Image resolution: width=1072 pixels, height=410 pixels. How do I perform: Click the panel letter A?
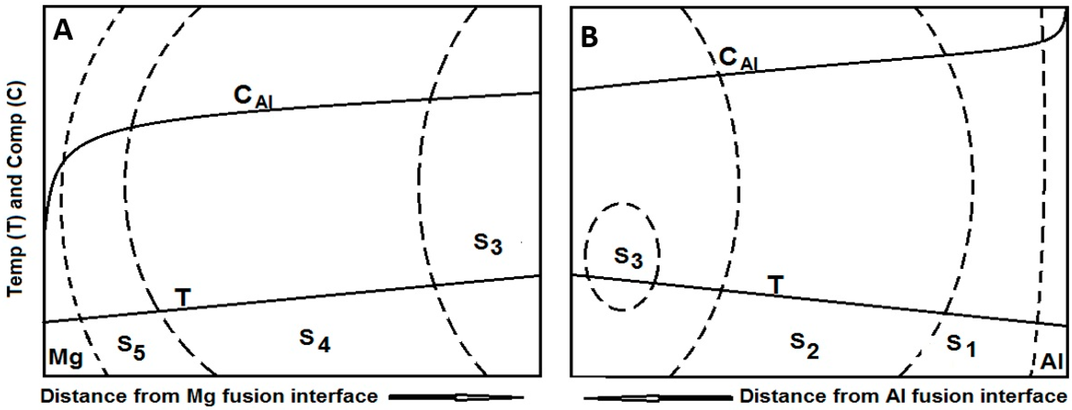point(63,31)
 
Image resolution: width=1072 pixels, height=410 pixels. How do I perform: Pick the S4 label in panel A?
point(315,341)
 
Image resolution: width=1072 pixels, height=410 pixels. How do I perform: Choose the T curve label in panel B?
point(775,285)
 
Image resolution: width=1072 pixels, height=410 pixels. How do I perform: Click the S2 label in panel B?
point(804,345)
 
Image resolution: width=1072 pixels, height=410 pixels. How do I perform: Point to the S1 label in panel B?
point(961,345)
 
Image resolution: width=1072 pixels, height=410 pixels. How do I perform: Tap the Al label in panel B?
point(1051,361)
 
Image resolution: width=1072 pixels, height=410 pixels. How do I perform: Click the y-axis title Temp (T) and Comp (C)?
point(16,189)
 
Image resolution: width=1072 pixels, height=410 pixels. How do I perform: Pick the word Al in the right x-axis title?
point(888,396)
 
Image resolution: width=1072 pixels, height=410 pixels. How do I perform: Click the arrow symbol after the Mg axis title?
point(456,398)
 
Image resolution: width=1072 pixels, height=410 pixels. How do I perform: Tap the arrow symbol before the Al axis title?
point(657,398)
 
